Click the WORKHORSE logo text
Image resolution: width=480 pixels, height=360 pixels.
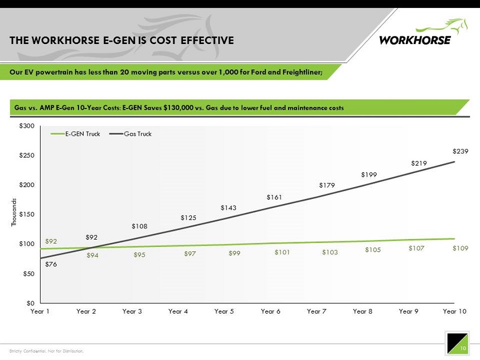(x=415, y=40)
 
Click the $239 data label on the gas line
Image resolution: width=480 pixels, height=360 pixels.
(x=461, y=151)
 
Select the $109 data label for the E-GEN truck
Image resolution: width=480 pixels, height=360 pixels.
(x=460, y=248)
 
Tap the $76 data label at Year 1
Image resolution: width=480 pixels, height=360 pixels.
(x=51, y=264)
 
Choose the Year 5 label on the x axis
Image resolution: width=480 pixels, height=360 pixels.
(x=224, y=311)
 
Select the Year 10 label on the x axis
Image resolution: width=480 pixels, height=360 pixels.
(x=455, y=311)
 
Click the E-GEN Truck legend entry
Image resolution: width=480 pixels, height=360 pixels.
(x=82, y=134)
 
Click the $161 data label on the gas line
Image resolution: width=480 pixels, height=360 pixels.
(x=274, y=197)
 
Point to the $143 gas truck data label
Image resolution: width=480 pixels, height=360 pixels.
(x=228, y=208)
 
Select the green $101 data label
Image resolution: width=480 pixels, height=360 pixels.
(x=282, y=253)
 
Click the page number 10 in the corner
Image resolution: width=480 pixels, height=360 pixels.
(x=462, y=348)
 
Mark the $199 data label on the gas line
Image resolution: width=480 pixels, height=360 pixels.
(x=369, y=175)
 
